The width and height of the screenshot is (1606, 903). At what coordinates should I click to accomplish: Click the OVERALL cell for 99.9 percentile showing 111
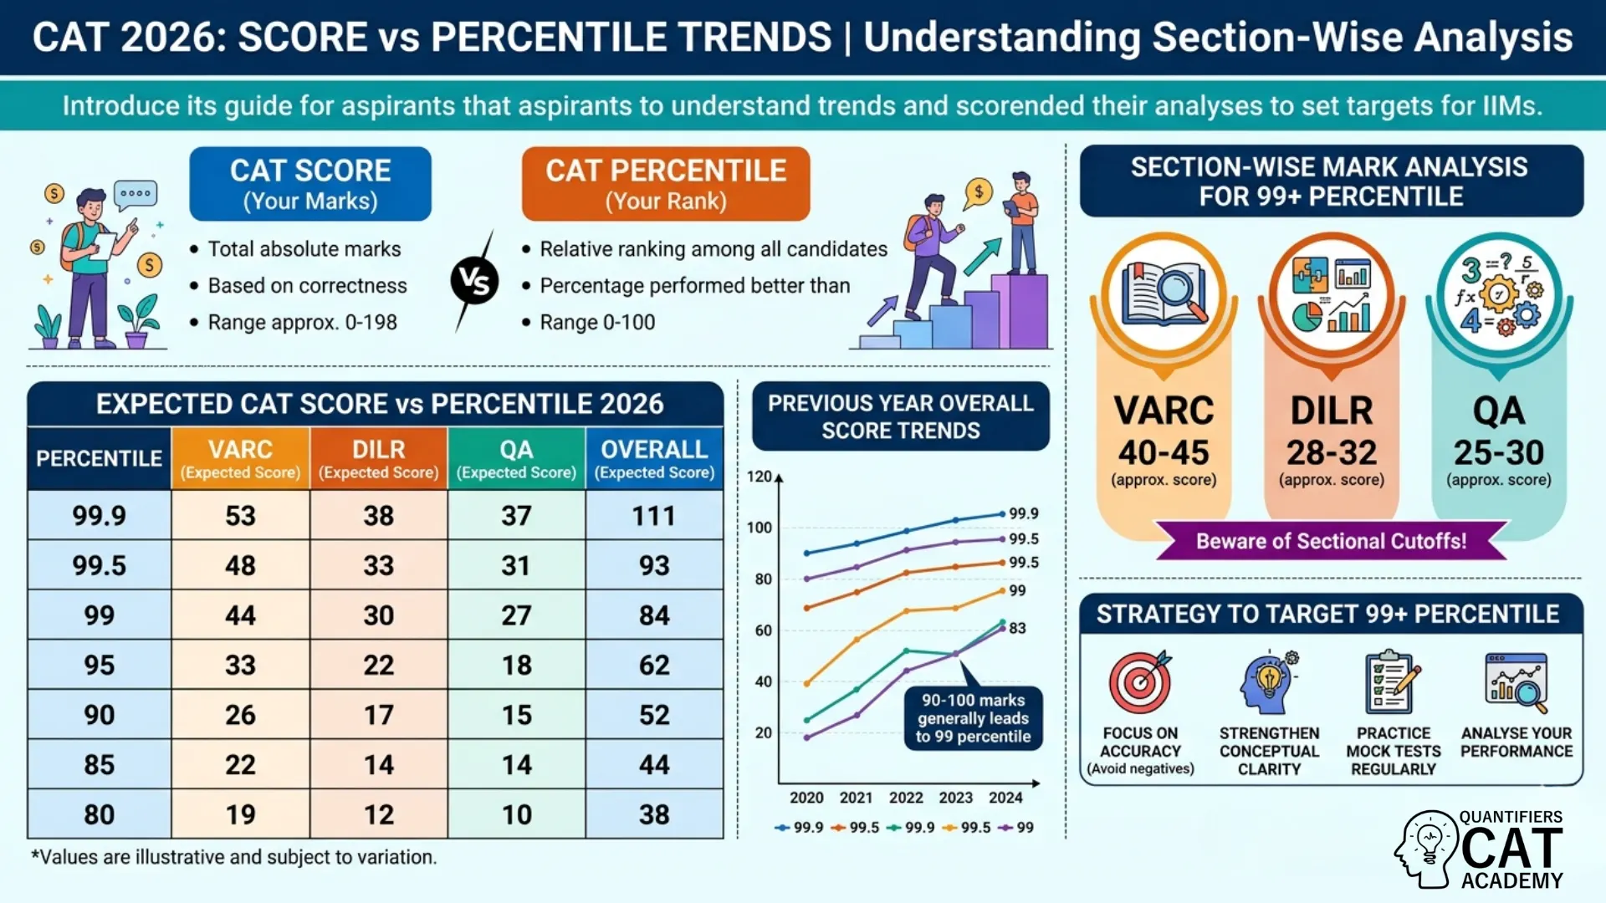(x=654, y=515)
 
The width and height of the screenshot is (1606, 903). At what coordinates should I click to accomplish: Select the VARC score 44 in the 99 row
(x=240, y=615)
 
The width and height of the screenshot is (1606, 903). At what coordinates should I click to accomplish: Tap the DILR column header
(x=378, y=458)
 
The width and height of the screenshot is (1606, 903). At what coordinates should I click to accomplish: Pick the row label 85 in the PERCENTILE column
(x=99, y=764)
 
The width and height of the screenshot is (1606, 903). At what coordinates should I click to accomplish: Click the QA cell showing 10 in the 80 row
(x=516, y=814)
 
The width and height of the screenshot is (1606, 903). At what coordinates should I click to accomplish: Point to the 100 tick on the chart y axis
(x=760, y=528)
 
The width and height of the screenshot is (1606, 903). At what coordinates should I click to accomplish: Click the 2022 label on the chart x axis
(x=906, y=798)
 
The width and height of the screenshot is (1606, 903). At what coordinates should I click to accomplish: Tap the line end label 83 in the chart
(x=1017, y=628)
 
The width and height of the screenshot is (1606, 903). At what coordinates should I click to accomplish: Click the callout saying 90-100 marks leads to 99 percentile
(x=973, y=718)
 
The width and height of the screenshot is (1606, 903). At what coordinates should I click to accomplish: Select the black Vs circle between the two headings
(x=474, y=282)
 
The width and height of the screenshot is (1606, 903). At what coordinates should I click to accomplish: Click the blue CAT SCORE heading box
(x=310, y=184)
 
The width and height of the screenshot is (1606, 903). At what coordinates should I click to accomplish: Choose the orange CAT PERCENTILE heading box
(x=666, y=184)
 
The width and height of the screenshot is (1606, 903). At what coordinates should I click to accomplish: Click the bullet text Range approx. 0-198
(x=302, y=322)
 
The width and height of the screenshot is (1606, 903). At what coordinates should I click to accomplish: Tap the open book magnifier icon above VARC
(x=1164, y=294)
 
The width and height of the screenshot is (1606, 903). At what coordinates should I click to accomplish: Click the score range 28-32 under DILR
(x=1331, y=452)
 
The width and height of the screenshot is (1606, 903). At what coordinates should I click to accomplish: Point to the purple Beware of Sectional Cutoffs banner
(x=1331, y=541)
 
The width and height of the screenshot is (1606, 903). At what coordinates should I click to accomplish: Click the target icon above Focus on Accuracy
(x=1139, y=682)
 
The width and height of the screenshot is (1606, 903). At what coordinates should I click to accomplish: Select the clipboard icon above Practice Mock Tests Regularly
(x=1393, y=682)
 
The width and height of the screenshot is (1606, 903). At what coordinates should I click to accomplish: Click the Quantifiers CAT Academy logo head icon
(x=1428, y=848)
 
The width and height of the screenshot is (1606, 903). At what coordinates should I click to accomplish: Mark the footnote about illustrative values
(x=233, y=857)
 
